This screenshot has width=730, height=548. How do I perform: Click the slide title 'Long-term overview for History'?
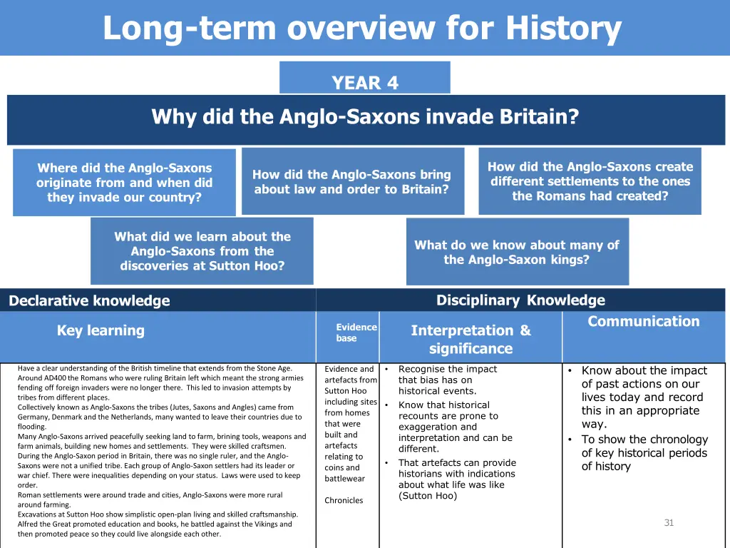pyautogui.click(x=362, y=29)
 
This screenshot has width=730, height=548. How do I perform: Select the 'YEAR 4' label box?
pyautogui.click(x=365, y=83)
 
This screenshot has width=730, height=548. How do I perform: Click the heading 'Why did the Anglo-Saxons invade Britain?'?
pyautogui.click(x=365, y=116)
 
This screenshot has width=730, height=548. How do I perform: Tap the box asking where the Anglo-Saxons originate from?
pyautogui.click(x=124, y=183)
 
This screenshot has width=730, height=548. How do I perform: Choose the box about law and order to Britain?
pyautogui.click(x=352, y=182)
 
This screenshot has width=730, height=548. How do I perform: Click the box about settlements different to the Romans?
pyautogui.click(x=590, y=181)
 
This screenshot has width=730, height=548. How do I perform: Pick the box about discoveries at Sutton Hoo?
pyautogui.click(x=202, y=251)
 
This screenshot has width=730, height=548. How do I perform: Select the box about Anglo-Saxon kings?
pyautogui.click(x=517, y=252)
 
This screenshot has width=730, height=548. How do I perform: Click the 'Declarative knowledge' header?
pyautogui.click(x=90, y=301)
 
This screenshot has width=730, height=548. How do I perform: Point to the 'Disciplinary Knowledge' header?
pyautogui.click(x=520, y=300)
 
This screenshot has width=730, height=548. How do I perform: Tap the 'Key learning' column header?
pyautogui.click(x=101, y=330)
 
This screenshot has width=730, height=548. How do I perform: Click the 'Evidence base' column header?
pyautogui.click(x=356, y=333)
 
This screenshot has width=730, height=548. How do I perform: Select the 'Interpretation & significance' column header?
pyautogui.click(x=471, y=339)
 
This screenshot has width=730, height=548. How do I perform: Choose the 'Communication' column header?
pyautogui.click(x=643, y=322)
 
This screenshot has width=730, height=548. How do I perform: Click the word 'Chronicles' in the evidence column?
pyautogui.click(x=344, y=500)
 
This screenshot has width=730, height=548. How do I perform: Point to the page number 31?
pyautogui.click(x=668, y=523)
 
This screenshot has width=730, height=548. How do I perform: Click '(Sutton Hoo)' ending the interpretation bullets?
pyautogui.click(x=428, y=496)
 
